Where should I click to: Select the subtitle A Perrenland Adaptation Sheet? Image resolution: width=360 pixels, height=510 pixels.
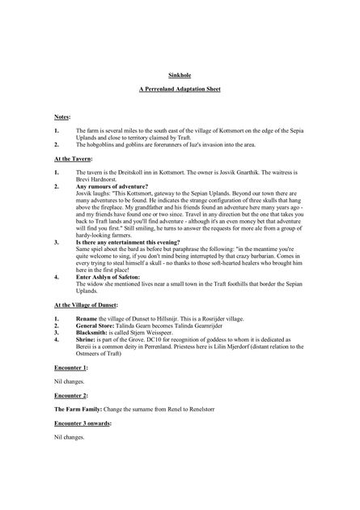[x=180, y=96]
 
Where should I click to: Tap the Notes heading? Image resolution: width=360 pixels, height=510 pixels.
[x=62, y=117]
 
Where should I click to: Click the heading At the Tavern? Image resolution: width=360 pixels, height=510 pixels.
[x=73, y=159]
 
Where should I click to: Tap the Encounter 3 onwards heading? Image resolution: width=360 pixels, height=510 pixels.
[x=83, y=423]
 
